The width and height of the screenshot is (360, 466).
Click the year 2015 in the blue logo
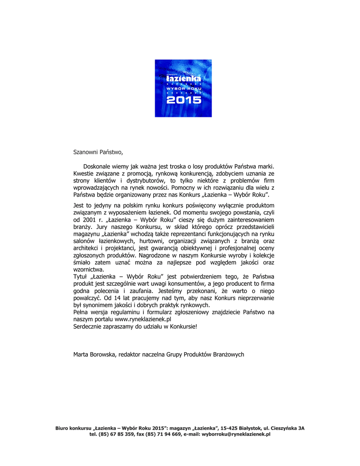183,100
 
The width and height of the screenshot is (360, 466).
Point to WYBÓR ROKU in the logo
183,88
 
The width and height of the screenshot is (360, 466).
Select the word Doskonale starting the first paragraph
98,167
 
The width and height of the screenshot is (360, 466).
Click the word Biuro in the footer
62,428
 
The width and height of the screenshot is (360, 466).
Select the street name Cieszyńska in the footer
284,428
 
